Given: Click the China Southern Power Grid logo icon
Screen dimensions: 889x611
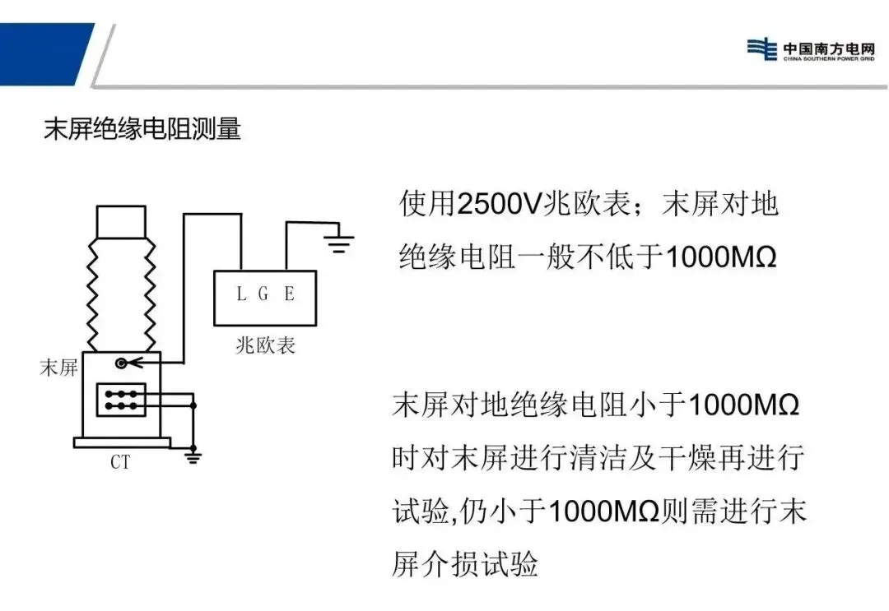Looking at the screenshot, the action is coord(761,49).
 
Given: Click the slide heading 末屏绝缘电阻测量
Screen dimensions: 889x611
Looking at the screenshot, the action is coord(142,129).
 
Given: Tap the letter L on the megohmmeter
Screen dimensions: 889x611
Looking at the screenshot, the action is coord(241,294).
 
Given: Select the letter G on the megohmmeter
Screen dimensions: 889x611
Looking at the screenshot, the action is coord(263,294).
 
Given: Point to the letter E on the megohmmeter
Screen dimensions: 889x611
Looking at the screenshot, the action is coord(289,294).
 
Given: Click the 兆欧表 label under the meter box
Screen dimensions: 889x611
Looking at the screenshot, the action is coord(265,345).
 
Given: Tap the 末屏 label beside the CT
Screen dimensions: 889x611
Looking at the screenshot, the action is coord(58,368).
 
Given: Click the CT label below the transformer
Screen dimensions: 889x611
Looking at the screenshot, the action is coord(120,462).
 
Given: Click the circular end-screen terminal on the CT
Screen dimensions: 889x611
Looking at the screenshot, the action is coord(122,363).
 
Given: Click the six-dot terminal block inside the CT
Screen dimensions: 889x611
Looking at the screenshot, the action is coord(121,400).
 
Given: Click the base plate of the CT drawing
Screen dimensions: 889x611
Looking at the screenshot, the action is coord(122,442).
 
